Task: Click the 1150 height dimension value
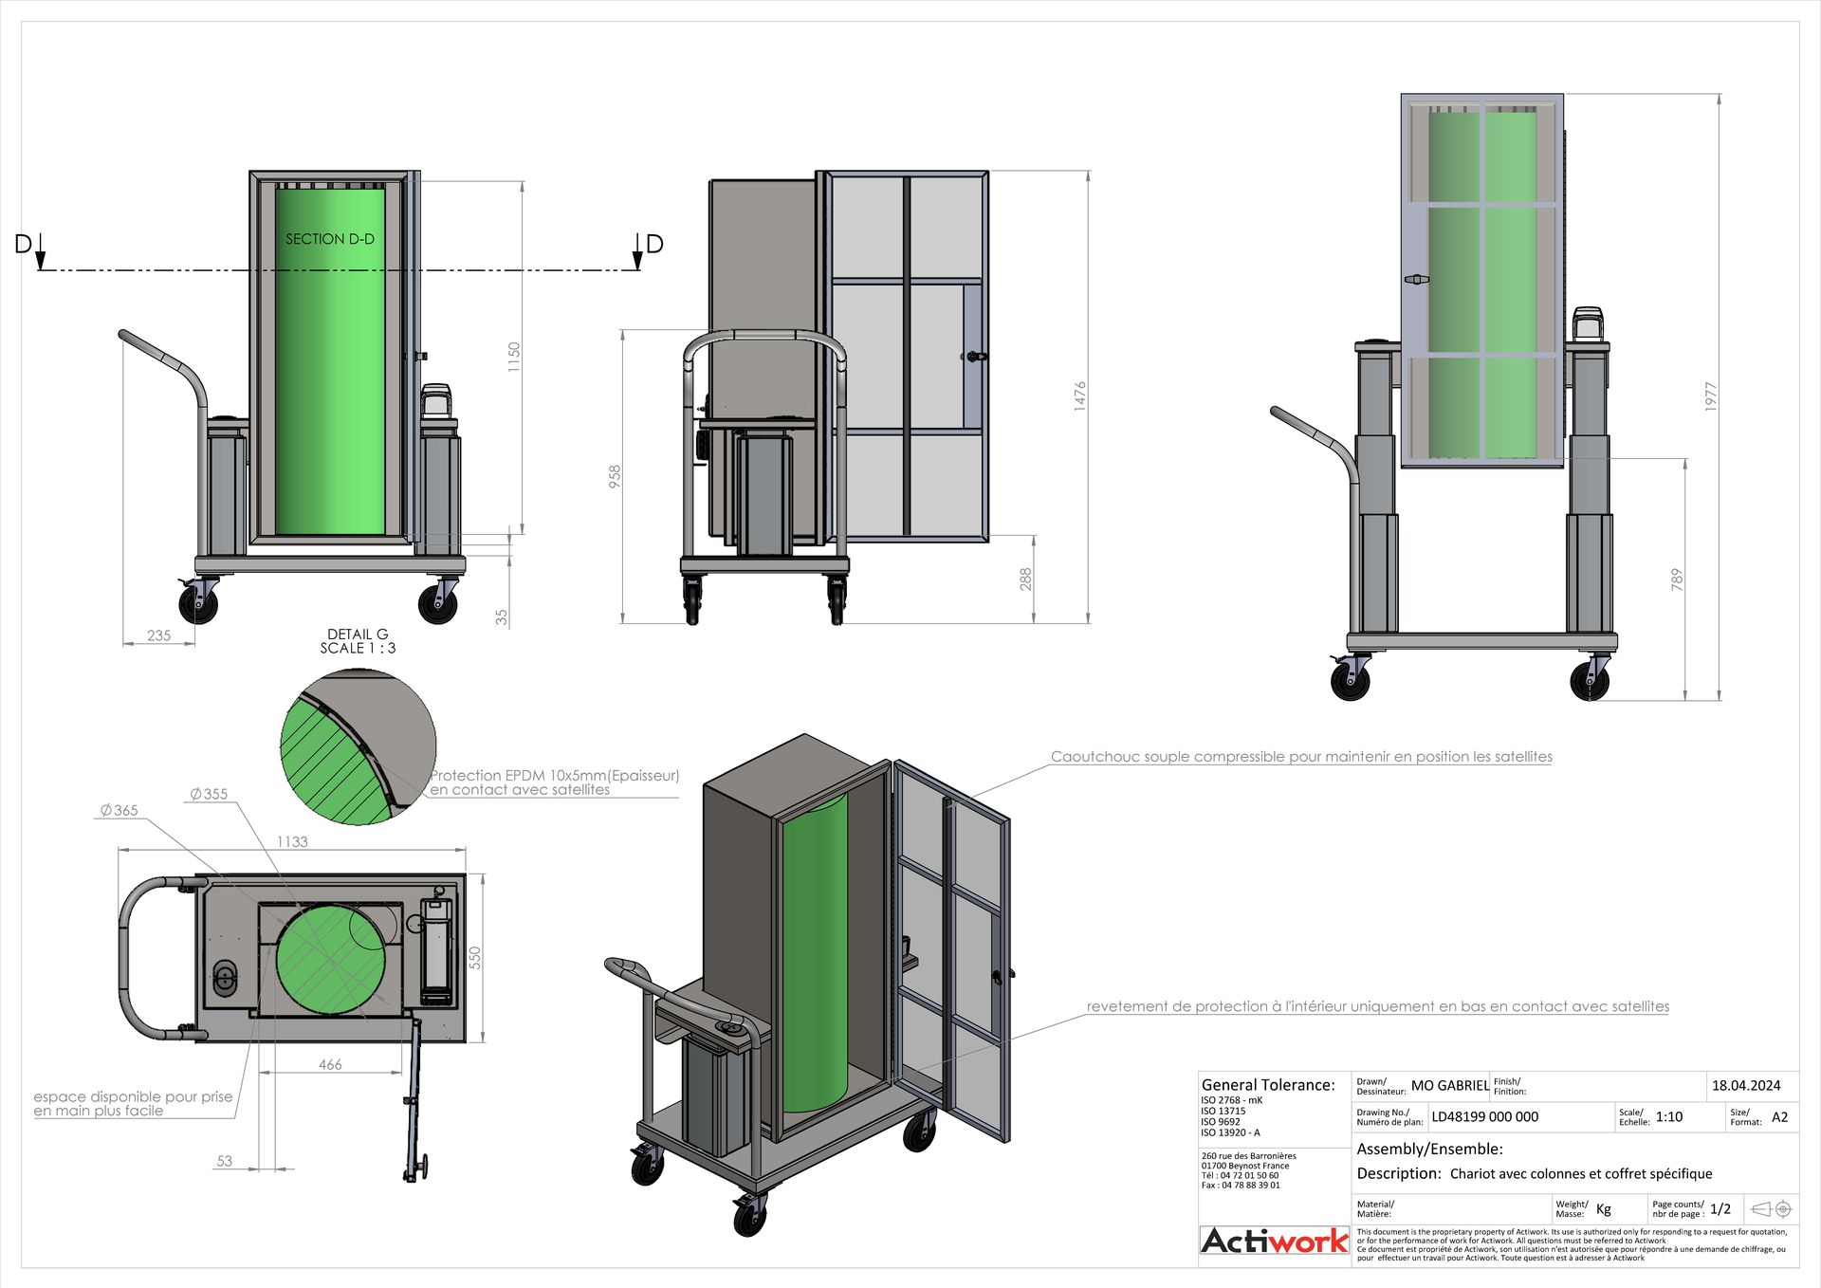pos(514,357)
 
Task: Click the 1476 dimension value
pos(1079,396)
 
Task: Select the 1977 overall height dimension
pos(1711,396)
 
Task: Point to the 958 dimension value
pos(615,476)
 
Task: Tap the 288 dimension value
pos(1025,580)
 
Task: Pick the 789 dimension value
pos(1677,580)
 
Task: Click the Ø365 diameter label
pos(120,810)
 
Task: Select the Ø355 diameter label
pos(209,794)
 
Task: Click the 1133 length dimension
pos(292,841)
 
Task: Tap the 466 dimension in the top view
pos(330,1064)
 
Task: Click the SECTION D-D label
pos(330,239)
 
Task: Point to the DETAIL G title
pos(358,635)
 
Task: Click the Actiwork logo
pos(1274,1241)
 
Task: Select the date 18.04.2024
pos(1746,1085)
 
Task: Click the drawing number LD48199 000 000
pos(1484,1116)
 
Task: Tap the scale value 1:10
pos(1669,1116)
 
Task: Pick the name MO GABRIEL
pos(1449,1085)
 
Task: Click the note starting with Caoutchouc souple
pos(1301,757)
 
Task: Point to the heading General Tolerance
pos(1268,1085)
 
